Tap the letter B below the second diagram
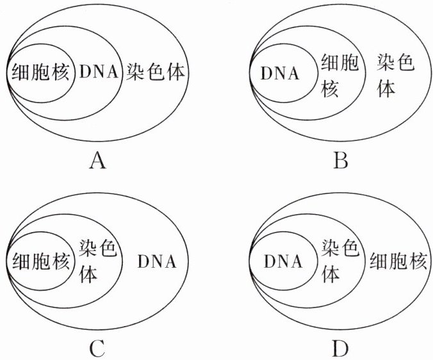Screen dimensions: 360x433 pyautogui.click(x=341, y=160)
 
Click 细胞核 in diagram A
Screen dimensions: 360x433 pyautogui.click(x=39, y=72)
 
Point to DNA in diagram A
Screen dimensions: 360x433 pyautogui.click(x=99, y=72)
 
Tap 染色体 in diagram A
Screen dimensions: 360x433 pyautogui.click(x=156, y=71)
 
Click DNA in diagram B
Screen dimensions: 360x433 pyautogui.click(x=280, y=73)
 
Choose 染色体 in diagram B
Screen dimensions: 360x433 pyautogui.click(x=395, y=74)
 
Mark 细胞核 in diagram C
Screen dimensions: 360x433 pyautogui.click(x=39, y=261)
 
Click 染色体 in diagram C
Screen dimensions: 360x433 pyautogui.click(x=97, y=261)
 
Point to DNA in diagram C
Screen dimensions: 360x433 pyautogui.click(x=157, y=262)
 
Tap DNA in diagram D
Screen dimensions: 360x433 pyautogui.click(x=282, y=262)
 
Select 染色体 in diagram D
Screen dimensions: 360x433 pyautogui.click(x=339, y=261)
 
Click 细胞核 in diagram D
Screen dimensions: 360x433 pyautogui.click(x=397, y=261)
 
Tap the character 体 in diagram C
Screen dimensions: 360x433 pyautogui.click(x=88, y=274)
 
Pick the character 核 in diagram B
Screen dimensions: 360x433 pyautogui.click(x=330, y=89)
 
